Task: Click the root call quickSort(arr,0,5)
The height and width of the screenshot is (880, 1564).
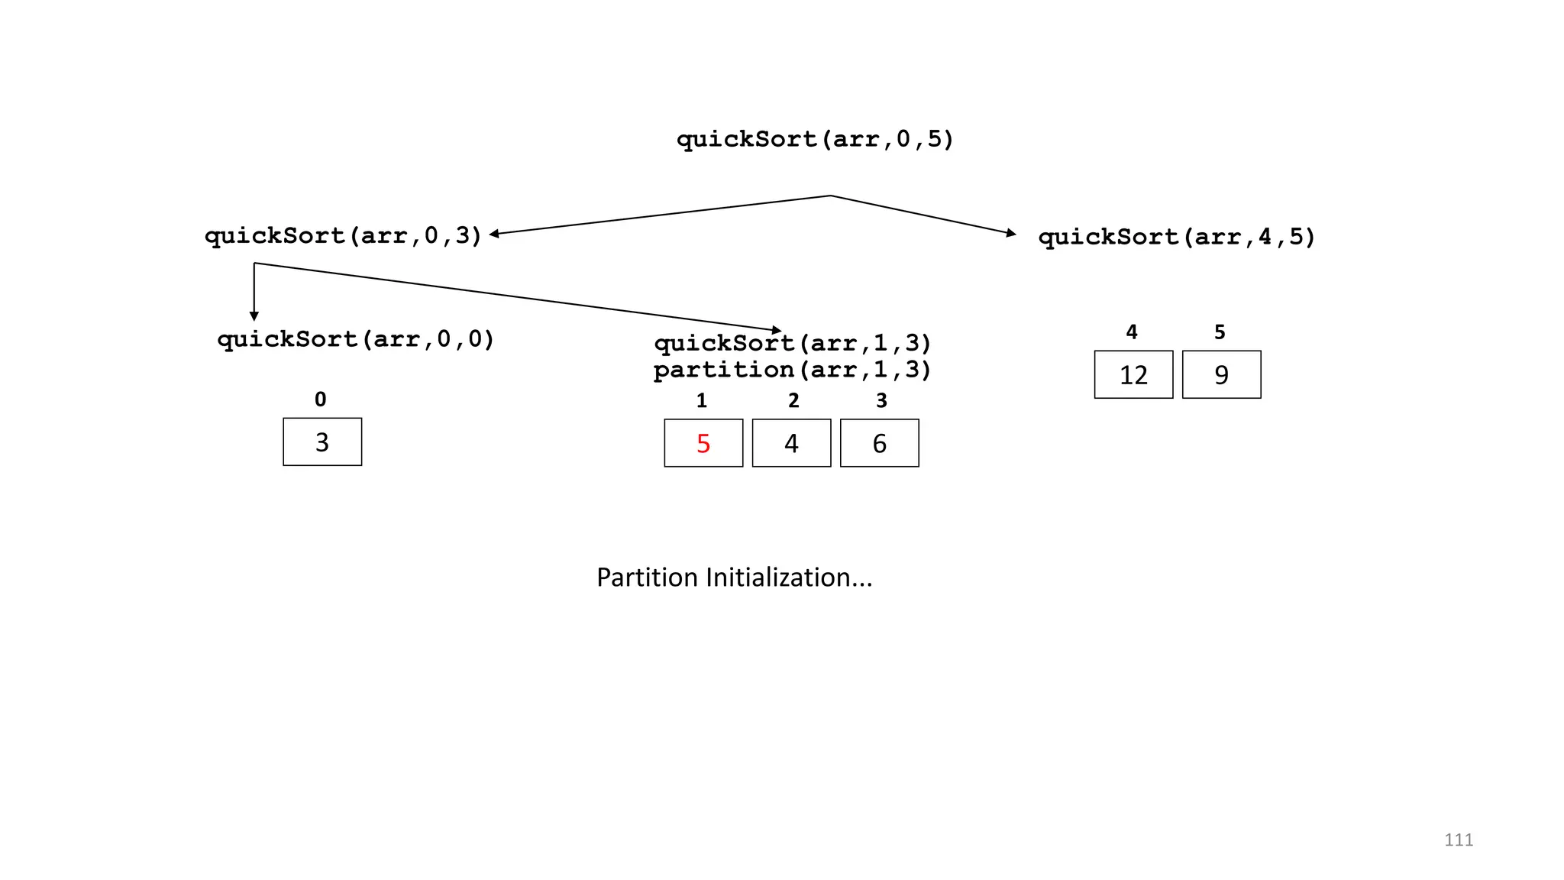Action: pos(815,139)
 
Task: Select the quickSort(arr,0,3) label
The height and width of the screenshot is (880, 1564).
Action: pos(343,235)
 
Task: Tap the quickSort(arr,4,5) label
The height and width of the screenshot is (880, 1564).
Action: pos(1176,237)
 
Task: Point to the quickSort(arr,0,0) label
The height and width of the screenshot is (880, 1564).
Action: pos(356,339)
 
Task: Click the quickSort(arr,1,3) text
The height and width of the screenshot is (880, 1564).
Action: pos(793,344)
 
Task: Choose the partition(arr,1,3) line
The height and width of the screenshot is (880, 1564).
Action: pos(793,370)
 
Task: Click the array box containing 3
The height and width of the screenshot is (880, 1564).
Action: pos(322,442)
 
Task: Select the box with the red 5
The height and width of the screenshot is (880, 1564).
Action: pos(703,443)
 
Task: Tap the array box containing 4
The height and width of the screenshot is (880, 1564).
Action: pos(791,443)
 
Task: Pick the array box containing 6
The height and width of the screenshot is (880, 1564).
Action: pos(879,443)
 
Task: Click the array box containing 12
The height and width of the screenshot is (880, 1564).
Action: pos(1133,374)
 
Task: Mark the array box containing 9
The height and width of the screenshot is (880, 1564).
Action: pos(1221,374)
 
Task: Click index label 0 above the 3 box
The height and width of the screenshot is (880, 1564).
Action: pos(320,400)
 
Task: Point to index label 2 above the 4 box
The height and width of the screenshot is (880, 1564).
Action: pos(793,400)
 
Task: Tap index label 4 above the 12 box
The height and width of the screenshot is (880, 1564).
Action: pos(1132,332)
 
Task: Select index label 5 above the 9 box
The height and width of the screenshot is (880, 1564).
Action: pos(1220,332)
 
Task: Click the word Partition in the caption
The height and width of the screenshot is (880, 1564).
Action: pos(646,577)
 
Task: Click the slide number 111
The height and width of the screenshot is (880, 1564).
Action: pos(1458,840)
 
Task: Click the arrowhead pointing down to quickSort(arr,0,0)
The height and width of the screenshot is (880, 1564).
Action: pos(254,316)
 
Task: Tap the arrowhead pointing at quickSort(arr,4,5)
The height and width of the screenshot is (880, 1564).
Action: pos(1011,233)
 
